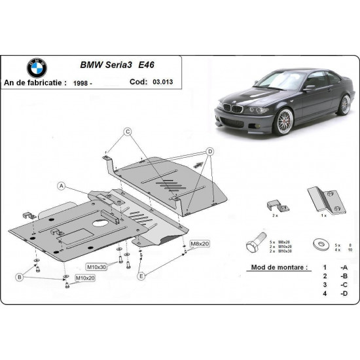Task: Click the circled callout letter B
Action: click(20, 278)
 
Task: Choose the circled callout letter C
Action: click(128, 131)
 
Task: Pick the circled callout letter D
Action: click(211, 152)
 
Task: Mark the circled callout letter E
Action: click(141, 276)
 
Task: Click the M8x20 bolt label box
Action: click(198, 243)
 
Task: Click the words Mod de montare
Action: click(277, 268)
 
